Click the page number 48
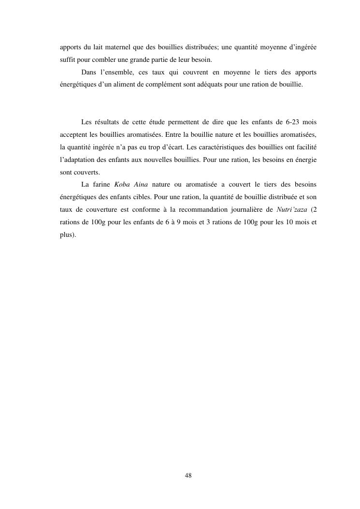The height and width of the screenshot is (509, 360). (188, 476)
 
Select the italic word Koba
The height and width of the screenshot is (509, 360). (122, 184)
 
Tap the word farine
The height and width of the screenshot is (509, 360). (101, 184)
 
